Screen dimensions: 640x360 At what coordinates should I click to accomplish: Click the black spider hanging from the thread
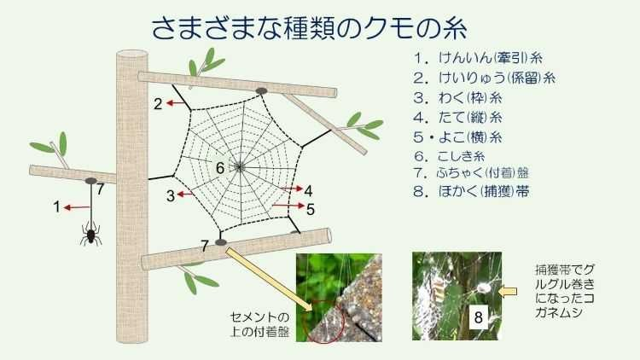[90, 234]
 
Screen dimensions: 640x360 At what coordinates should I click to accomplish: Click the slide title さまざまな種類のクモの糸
[310, 28]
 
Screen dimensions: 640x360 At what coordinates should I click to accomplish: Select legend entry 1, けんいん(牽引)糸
[478, 57]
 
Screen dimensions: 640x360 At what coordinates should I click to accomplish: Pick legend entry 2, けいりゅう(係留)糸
[484, 78]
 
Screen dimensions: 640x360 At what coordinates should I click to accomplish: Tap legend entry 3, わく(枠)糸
[457, 97]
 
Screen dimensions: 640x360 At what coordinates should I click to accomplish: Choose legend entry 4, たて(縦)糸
[457, 117]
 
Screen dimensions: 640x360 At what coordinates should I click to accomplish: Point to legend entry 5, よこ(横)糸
[457, 136]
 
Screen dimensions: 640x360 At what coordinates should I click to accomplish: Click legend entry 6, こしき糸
[450, 156]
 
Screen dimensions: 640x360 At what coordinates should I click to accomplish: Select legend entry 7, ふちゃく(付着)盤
[471, 172]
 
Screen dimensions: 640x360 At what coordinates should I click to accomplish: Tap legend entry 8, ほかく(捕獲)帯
[471, 191]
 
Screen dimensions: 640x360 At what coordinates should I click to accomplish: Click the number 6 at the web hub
[220, 168]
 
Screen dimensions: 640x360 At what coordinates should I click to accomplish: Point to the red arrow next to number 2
[177, 103]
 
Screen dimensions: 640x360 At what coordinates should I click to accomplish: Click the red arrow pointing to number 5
[288, 206]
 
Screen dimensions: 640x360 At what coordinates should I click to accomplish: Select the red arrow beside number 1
[77, 207]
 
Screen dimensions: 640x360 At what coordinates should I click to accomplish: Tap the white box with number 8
[479, 316]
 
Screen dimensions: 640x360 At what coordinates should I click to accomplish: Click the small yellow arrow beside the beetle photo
[509, 291]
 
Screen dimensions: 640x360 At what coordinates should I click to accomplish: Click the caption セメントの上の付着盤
[260, 324]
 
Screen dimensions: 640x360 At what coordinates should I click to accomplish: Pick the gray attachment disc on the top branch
[261, 90]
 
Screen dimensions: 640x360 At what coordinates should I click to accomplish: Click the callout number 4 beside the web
[308, 190]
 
